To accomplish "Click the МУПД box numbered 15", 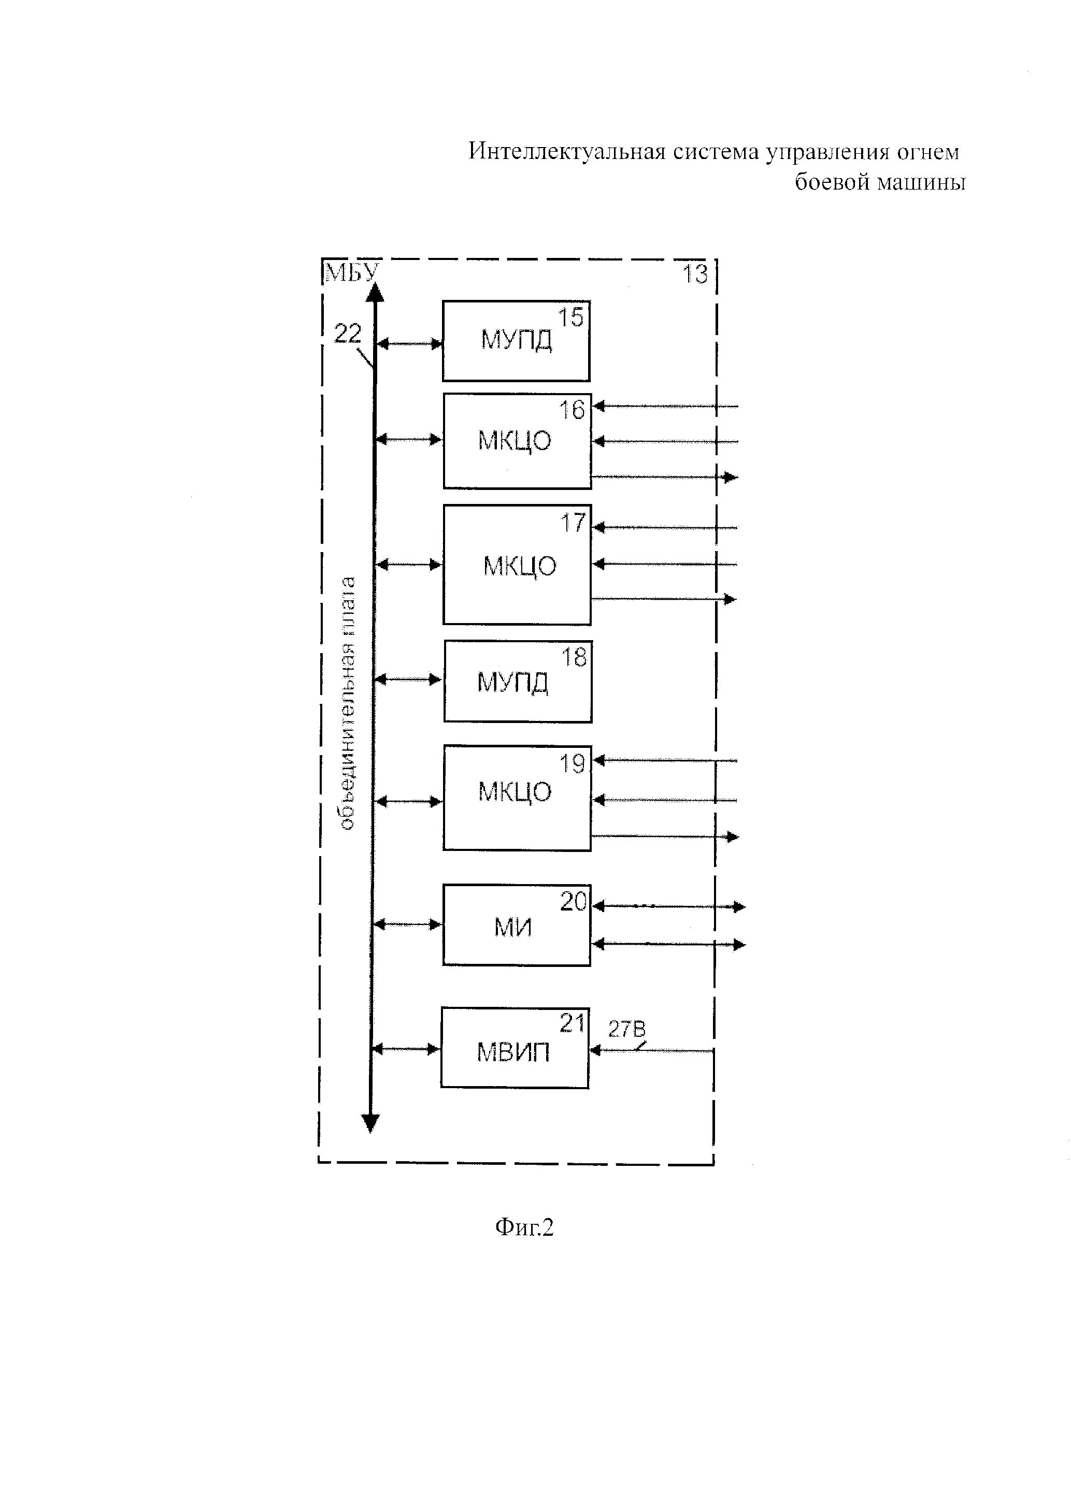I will tap(516, 341).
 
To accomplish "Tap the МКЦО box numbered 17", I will tap(517, 565).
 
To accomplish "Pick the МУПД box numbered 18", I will tap(518, 682).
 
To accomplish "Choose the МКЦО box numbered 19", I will tap(517, 798).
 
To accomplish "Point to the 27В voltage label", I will tap(626, 1029).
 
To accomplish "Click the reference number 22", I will tap(348, 334).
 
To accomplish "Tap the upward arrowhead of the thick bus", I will tap(375, 292).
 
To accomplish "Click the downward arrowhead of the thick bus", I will tap(370, 1122).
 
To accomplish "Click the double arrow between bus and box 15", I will tap(409, 343).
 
